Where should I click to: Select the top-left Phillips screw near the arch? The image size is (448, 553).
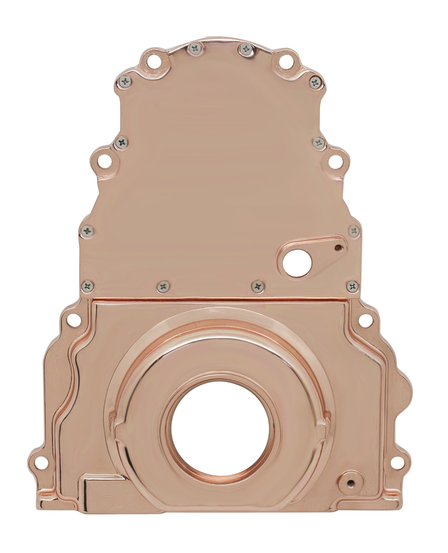coord(193,49)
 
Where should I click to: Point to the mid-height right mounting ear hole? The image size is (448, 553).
coord(335,160)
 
